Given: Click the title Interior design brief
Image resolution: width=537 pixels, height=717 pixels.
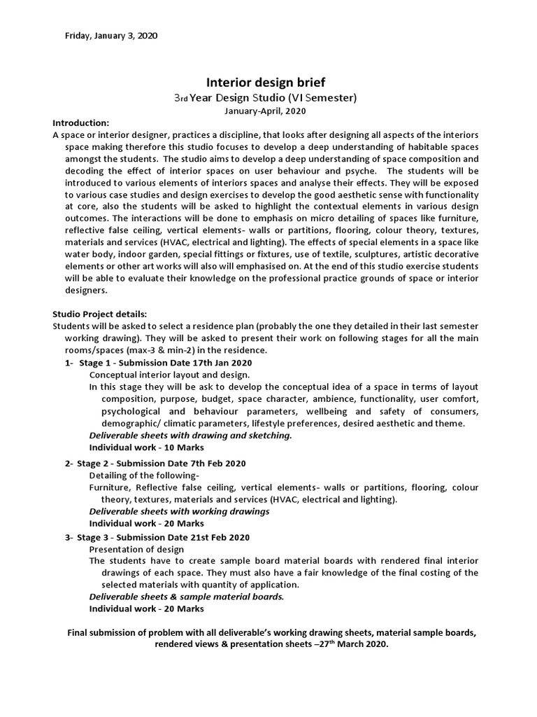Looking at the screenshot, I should coord(266,83).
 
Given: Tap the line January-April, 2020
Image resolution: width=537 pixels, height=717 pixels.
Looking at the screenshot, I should coord(265,111).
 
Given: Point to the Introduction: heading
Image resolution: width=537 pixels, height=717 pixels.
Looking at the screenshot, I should coord(81,123).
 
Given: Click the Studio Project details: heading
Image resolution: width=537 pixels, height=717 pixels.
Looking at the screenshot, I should coord(100,314).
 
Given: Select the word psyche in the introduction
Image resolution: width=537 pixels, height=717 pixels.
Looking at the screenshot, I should coord(361,171).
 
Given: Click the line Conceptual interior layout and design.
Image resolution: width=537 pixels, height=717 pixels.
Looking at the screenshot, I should coord(169,375).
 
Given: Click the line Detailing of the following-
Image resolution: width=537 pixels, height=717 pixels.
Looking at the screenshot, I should coord(144,475).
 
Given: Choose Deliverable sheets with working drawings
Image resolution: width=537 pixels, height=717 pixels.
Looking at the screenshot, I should coord(179,511).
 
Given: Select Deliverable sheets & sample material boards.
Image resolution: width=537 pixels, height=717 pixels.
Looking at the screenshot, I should coord(187,597).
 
